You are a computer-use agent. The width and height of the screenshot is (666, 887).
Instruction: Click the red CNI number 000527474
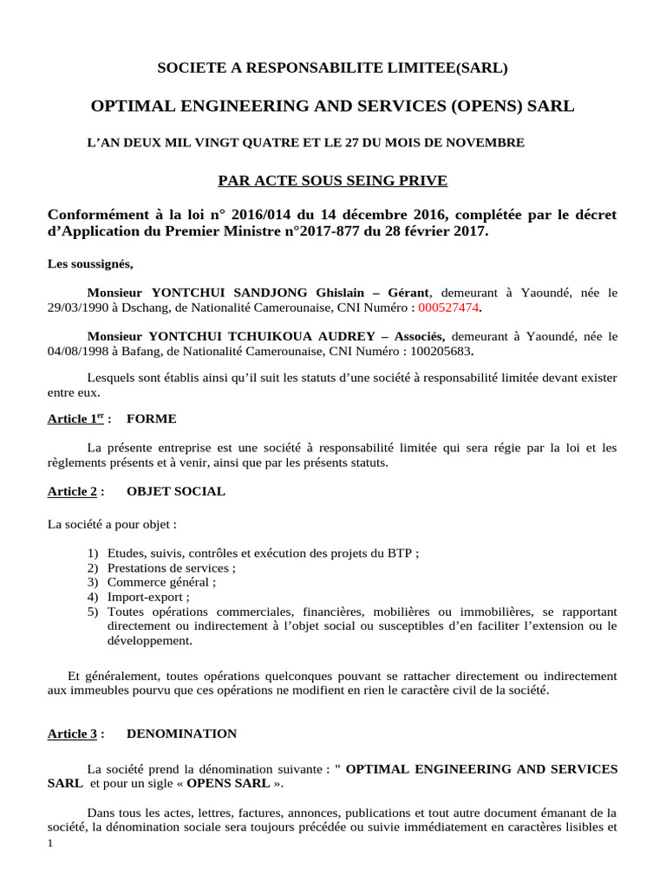click(447, 308)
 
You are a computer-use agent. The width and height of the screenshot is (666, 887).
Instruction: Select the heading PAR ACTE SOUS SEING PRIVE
click(332, 180)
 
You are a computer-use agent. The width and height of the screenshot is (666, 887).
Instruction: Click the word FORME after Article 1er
click(151, 419)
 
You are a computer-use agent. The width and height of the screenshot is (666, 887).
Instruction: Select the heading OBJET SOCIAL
click(175, 491)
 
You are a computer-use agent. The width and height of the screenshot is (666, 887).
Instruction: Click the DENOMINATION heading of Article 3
click(181, 734)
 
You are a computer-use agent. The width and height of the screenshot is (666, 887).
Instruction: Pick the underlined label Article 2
click(72, 491)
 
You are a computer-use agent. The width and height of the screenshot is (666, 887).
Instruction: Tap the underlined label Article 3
click(72, 734)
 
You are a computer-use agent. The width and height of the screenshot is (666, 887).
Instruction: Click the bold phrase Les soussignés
click(90, 263)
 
